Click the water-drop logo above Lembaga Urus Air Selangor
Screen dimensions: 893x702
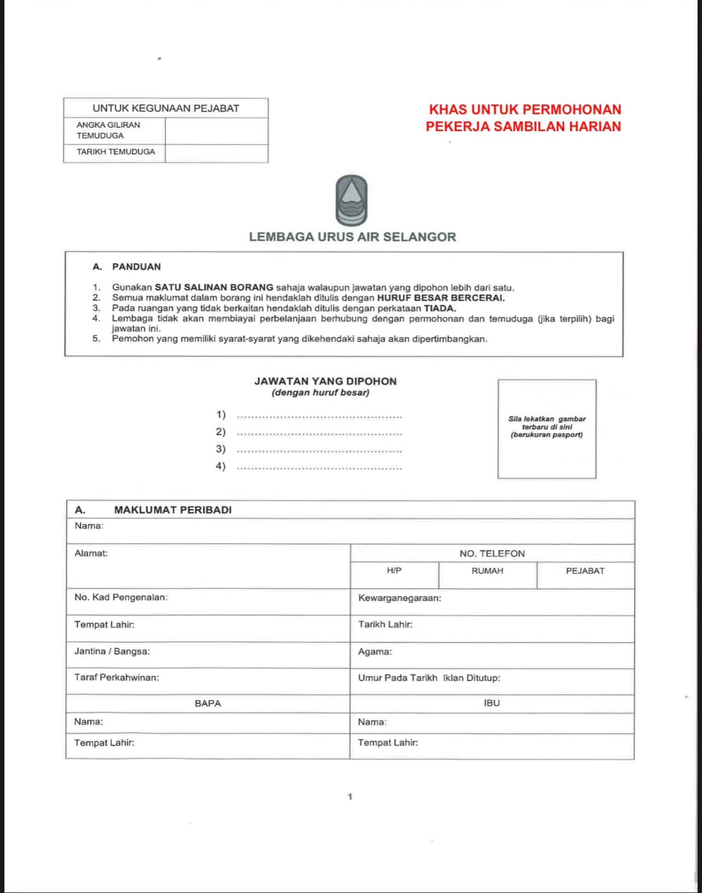pos(351,201)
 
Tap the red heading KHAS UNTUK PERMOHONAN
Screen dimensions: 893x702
pos(525,109)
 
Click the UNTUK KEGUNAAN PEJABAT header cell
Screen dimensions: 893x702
pos(166,108)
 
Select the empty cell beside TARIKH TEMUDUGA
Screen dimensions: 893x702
pos(216,153)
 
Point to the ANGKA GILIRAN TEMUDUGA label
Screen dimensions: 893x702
pos(108,130)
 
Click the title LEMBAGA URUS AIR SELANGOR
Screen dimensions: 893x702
pos(352,237)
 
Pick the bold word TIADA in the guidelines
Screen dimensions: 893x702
pos(440,308)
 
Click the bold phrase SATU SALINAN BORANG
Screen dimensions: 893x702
pos(214,287)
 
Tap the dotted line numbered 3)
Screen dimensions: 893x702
pos(320,450)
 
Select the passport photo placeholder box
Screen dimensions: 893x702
pos(546,428)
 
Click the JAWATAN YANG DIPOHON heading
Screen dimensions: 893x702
pos(325,381)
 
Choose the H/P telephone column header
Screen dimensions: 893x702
pos(394,571)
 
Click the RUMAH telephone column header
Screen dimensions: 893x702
pos(487,571)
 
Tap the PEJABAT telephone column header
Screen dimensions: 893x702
pos(585,571)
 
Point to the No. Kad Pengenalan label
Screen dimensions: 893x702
pos(121,597)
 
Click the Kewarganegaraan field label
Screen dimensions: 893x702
pos(400,598)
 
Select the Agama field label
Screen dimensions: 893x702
pos(375,651)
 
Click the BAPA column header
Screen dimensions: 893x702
pos(208,704)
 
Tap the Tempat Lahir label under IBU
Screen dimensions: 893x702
pos(388,743)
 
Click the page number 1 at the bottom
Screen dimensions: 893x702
pos(350,797)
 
